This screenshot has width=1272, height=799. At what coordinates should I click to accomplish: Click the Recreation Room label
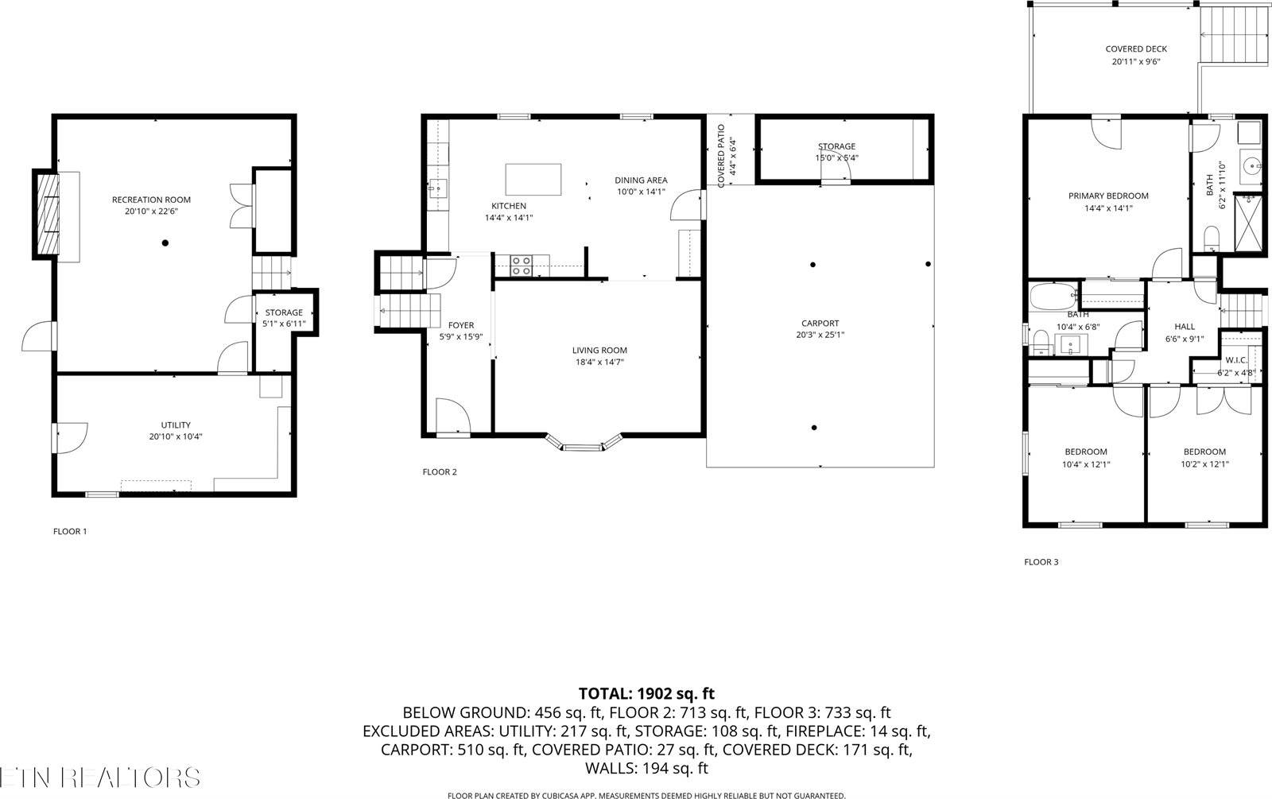coord(151,200)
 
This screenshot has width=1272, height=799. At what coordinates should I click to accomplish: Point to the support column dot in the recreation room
coord(165,242)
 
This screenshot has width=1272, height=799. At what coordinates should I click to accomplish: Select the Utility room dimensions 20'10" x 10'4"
coord(175,436)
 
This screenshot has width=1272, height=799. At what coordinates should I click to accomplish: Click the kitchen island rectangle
coord(533,179)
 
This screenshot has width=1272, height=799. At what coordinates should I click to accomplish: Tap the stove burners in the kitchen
coord(521,266)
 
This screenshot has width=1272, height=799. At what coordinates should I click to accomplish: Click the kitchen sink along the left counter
coord(436,189)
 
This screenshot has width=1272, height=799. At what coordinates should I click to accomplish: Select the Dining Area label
coord(640,180)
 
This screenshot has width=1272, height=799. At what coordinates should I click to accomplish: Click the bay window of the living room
coord(584,444)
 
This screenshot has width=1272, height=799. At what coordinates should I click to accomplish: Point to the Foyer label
coord(461,325)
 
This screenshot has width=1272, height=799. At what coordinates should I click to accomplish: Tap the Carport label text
coord(820,324)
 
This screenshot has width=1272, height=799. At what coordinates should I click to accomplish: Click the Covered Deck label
coord(1135,49)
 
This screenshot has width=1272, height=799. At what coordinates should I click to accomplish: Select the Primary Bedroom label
coord(1107,196)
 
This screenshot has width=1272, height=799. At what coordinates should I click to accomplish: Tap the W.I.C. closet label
coord(1236,360)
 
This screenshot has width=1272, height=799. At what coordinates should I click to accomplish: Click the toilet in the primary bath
coord(1212,237)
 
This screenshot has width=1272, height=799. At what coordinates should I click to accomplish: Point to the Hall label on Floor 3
coord(1185,327)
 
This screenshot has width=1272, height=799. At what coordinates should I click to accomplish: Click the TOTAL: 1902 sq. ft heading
coord(646,694)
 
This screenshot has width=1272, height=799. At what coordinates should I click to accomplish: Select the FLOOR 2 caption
coord(439,472)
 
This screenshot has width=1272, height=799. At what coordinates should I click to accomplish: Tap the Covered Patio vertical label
coord(721,157)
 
